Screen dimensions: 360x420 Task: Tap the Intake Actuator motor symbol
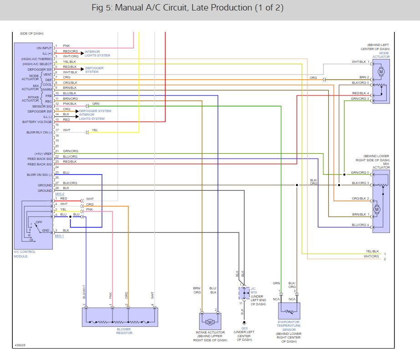(210, 322)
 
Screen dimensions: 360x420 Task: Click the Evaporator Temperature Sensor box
(289, 311)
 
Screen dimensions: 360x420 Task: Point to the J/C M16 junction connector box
(242, 293)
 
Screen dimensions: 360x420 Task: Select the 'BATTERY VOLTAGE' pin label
(37, 122)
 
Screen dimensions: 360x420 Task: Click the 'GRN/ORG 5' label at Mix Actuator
(360, 172)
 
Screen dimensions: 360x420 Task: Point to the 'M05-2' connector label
(60, 194)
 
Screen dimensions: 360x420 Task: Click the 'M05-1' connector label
(60, 236)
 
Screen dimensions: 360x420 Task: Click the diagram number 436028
(20, 345)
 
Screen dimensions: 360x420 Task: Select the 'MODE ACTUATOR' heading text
(381, 55)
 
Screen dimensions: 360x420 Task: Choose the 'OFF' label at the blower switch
(39, 221)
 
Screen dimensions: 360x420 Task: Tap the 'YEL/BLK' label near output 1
(372, 251)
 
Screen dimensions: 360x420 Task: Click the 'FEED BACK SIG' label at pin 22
(40, 159)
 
